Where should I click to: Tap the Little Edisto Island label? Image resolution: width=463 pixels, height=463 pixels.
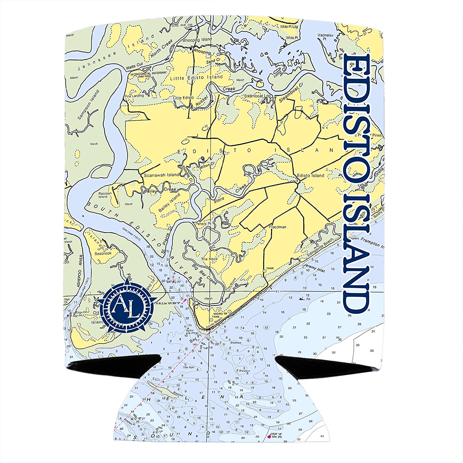196,77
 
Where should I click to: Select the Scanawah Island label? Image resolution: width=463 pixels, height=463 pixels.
161,175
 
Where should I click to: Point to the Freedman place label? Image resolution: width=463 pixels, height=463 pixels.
277,227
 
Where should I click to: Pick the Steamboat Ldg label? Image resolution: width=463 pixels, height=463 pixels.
257,96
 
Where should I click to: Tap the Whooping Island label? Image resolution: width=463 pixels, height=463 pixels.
197,40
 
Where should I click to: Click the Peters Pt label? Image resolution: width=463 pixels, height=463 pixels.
203,223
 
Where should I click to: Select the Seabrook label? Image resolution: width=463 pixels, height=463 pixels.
103,253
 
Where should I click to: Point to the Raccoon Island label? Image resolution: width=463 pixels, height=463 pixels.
105,195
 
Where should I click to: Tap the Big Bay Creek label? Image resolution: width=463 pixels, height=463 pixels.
204,274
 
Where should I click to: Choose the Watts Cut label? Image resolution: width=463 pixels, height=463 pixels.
134,66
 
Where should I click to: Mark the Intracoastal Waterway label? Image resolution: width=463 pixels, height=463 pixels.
148,73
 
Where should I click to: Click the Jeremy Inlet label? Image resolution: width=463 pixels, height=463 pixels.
315,268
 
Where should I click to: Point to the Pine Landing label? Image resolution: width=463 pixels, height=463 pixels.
134,96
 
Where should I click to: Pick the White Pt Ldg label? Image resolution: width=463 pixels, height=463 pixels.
289,27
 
